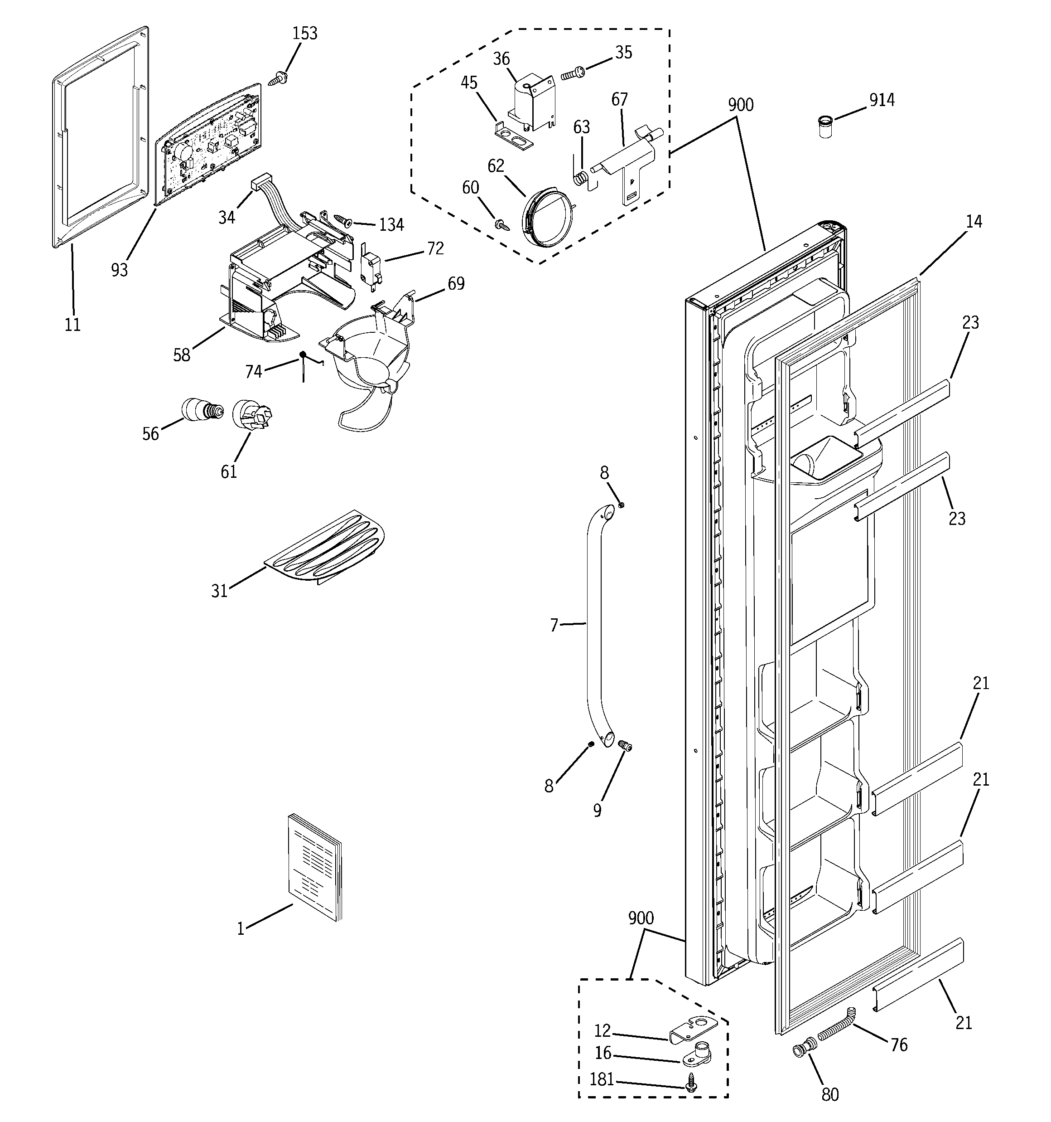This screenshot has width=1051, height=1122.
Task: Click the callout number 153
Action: point(304,33)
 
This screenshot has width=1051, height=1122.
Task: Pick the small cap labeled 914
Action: point(825,127)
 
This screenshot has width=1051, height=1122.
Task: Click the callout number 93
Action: point(120,270)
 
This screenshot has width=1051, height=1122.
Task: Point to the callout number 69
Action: point(456,283)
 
